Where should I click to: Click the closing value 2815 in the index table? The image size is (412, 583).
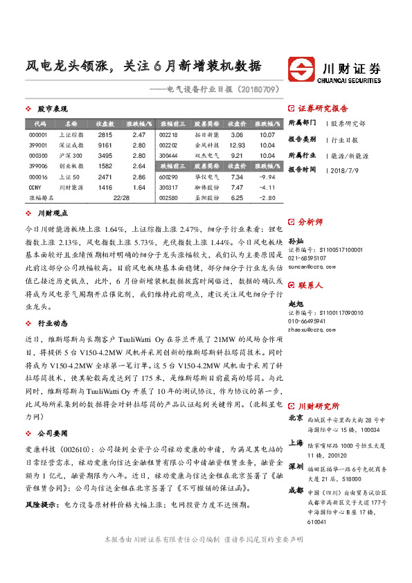(105, 135)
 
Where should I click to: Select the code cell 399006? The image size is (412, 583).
(39, 166)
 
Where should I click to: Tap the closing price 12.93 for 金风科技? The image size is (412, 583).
(237, 145)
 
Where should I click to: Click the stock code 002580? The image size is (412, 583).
(168, 198)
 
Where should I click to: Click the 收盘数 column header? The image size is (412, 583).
(105, 124)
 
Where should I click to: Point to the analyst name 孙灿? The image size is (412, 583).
(296, 240)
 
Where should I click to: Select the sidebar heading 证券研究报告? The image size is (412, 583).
(323, 109)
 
